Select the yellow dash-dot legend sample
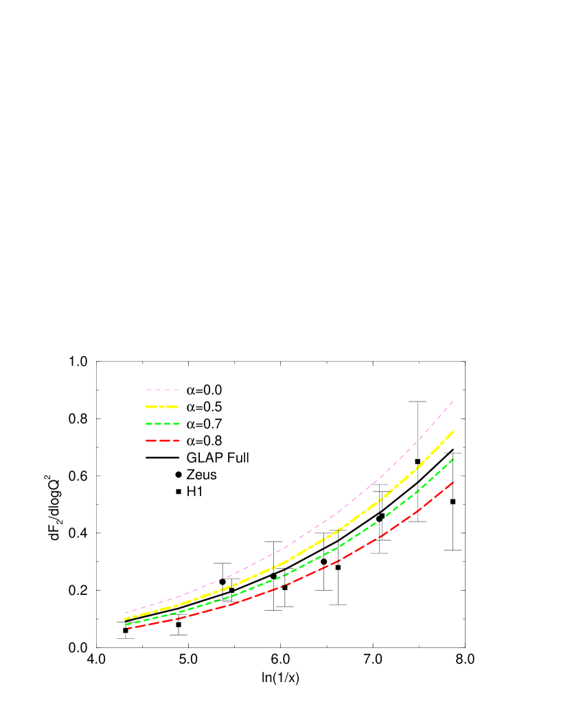tap(162, 407)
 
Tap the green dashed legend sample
tap(162, 424)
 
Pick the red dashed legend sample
tap(162, 441)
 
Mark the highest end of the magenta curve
tap(453, 401)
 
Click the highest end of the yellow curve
tap(453, 432)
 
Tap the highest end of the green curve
tap(453, 459)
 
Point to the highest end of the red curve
tap(453, 482)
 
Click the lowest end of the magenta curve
tap(125, 613)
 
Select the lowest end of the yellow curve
tap(125, 619)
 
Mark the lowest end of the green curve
tap(126, 624)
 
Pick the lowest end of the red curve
tap(128, 629)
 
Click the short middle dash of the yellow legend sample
tap(162, 407)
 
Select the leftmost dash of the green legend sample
tap(149, 424)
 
